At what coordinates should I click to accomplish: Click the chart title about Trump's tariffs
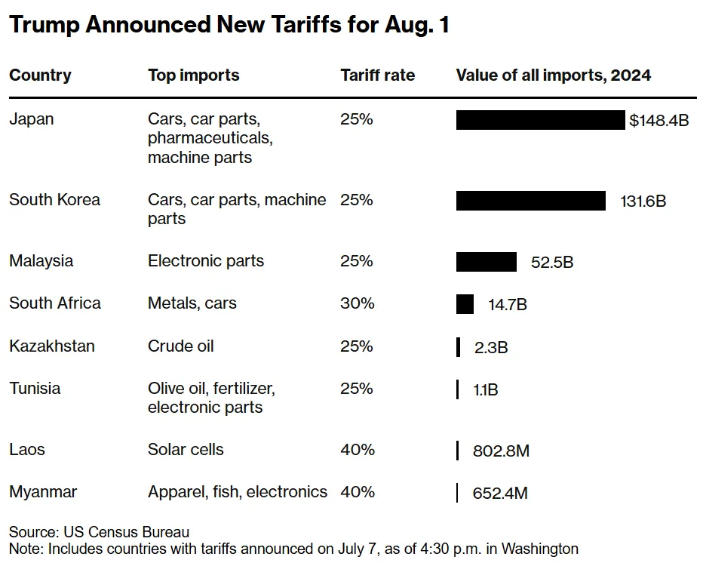[229, 26]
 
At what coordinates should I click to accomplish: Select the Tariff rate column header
[377, 75]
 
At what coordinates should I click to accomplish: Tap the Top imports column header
[193, 75]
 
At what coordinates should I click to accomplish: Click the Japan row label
[32, 119]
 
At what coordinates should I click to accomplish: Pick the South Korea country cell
[54, 200]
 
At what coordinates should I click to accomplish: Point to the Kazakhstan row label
[52, 346]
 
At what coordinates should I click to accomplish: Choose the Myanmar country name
[43, 492]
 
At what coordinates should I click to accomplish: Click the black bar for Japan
[540, 120]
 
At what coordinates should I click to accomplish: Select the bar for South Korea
[530, 201]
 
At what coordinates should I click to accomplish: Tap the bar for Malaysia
[486, 262]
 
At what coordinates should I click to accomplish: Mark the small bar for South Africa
[465, 304]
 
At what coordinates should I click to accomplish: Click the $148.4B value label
[659, 121]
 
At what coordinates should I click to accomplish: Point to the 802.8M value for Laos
[501, 451]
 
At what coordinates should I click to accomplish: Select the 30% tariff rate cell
[357, 303]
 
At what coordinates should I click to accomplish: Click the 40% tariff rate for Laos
[357, 450]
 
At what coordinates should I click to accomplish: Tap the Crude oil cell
[181, 346]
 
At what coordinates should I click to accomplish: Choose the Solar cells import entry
[186, 450]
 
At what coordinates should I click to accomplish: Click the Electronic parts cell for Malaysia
[206, 261]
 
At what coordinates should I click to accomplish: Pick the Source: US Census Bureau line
[99, 532]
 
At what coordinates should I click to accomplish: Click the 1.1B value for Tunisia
[485, 390]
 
